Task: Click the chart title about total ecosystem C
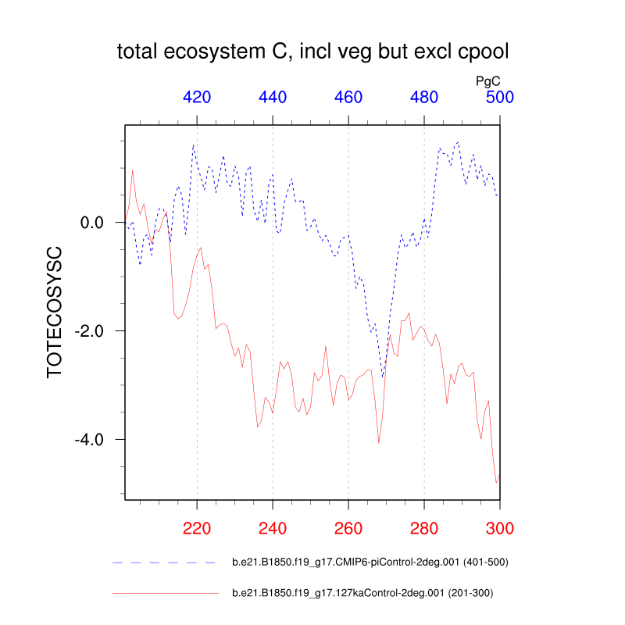pos(312,52)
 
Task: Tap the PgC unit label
pos(487,80)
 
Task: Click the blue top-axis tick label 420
pos(197,98)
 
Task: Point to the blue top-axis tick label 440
pos(273,98)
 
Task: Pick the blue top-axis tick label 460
pos(348,98)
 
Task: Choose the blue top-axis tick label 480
pos(424,98)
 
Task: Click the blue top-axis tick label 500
pos(500,98)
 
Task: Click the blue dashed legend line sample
pos(164,562)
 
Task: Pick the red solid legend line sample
pos(164,594)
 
